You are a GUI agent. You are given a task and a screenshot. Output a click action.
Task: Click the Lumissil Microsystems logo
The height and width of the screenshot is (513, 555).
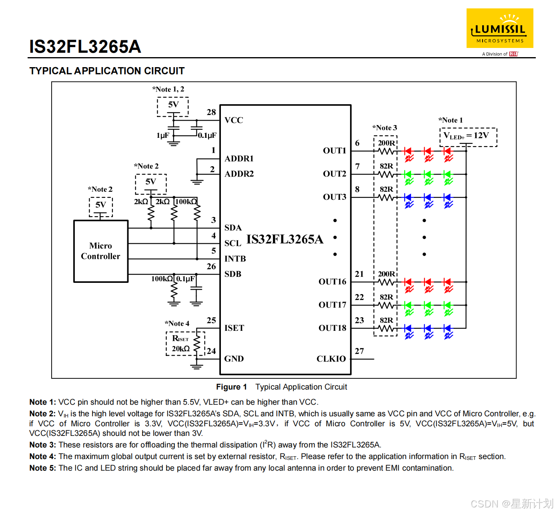pos(500,29)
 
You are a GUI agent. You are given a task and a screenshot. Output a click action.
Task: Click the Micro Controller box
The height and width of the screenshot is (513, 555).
pos(101,251)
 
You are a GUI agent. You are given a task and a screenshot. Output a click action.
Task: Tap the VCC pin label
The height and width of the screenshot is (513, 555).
pos(234,120)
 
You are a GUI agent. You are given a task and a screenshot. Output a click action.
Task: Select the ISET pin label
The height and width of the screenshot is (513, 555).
pos(234,328)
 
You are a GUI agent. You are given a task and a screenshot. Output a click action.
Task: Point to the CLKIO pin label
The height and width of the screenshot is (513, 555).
pos(331,359)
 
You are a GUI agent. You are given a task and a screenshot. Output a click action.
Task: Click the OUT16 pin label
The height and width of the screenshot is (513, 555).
pos(332,282)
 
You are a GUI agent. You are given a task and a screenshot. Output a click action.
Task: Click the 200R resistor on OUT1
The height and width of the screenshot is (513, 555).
pos(386,151)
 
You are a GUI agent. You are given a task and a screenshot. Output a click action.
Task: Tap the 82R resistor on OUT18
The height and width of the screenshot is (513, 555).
pos(386,328)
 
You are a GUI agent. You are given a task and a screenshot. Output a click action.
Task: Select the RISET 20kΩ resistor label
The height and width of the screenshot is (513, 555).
pos(180,344)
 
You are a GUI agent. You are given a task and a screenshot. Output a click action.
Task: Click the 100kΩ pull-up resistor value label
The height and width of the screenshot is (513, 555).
pos(186,202)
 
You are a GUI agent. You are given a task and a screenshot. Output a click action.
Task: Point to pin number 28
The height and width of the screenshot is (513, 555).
pos(211,112)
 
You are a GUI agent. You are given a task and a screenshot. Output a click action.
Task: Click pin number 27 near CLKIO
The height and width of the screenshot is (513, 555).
pos(359,351)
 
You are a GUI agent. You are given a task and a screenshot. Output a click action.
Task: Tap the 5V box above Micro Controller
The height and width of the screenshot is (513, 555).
pos(101,205)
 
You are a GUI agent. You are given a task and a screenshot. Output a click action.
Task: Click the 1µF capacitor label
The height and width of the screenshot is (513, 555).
pos(163,135)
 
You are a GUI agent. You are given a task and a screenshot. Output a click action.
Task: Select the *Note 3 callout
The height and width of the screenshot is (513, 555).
pos(385,128)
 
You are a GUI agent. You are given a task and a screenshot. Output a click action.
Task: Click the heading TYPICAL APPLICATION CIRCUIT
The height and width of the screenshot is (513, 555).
pos(107,71)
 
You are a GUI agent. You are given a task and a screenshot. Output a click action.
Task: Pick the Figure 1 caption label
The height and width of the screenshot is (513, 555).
pos(231,387)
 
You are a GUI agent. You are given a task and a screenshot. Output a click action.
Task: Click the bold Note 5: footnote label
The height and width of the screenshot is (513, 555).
pos(42,468)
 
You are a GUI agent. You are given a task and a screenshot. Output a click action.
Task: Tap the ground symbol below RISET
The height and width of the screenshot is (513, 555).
pos(196,366)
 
